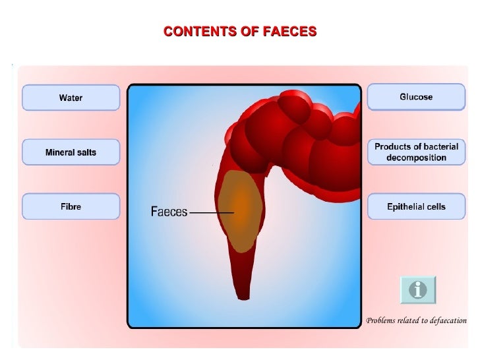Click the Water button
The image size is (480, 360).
[71, 98]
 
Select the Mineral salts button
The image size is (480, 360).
[71, 152]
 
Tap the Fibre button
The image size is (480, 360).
[71, 206]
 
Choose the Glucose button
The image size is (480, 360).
[416, 97]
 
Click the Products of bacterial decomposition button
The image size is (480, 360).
[416, 152]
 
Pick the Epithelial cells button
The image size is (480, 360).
[416, 206]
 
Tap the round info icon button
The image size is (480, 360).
[418, 289]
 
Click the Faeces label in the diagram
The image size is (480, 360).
[169, 212]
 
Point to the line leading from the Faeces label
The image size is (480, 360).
[211, 212]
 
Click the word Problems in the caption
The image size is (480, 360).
[382, 321]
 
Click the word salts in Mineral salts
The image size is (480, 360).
[86, 152]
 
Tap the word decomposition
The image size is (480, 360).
[416, 158]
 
